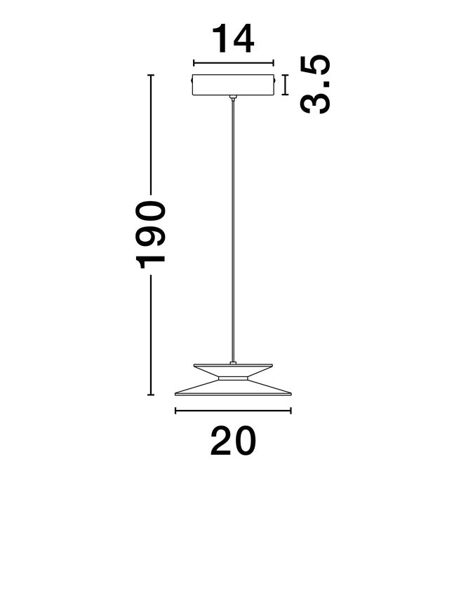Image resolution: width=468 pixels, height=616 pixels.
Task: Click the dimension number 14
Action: pyautogui.click(x=233, y=39)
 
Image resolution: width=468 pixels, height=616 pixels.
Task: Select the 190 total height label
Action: pyautogui.click(x=150, y=235)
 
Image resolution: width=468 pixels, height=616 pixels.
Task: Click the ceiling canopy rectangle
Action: pyautogui.click(x=233, y=85)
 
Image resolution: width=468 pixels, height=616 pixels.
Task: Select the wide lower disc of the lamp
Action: pyautogui.click(x=233, y=388)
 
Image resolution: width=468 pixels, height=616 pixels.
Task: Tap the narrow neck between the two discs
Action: pyautogui.click(x=233, y=378)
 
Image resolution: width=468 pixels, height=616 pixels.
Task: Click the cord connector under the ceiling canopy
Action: pyautogui.click(x=234, y=98)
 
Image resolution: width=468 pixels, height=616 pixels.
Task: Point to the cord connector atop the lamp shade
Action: pyautogui.click(x=233, y=362)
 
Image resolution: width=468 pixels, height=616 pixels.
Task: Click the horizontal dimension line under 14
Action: pyautogui.click(x=234, y=62)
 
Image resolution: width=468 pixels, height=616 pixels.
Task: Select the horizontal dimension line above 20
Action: pyautogui.click(x=233, y=411)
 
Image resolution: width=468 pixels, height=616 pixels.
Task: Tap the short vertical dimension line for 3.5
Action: pyautogui.click(x=285, y=85)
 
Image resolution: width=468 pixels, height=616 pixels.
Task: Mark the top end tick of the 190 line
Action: pyautogui.click(x=151, y=75)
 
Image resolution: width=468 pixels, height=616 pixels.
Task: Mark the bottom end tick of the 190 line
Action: pyautogui.click(x=151, y=395)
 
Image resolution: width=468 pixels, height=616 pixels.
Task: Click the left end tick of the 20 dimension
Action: pyautogui.click(x=175, y=411)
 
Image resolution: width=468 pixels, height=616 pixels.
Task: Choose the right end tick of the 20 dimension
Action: pyautogui.click(x=290, y=411)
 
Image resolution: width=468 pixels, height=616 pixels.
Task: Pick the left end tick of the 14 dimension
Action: pyautogui.click(x=194, y=62)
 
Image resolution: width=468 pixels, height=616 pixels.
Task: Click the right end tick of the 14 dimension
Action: pyautogui.click(x=274, y=62)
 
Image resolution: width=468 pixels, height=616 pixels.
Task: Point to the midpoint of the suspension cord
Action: pyautogui.click(x=234, y=231)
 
